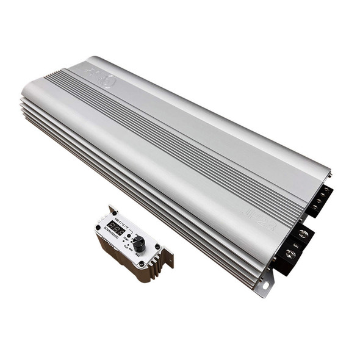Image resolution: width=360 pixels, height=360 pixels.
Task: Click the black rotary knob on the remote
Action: [x=139, y=245]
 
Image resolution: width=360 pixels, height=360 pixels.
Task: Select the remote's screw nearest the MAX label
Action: [x=157, y=247]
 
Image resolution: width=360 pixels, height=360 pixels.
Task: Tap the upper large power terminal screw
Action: [x=303, y=234]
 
